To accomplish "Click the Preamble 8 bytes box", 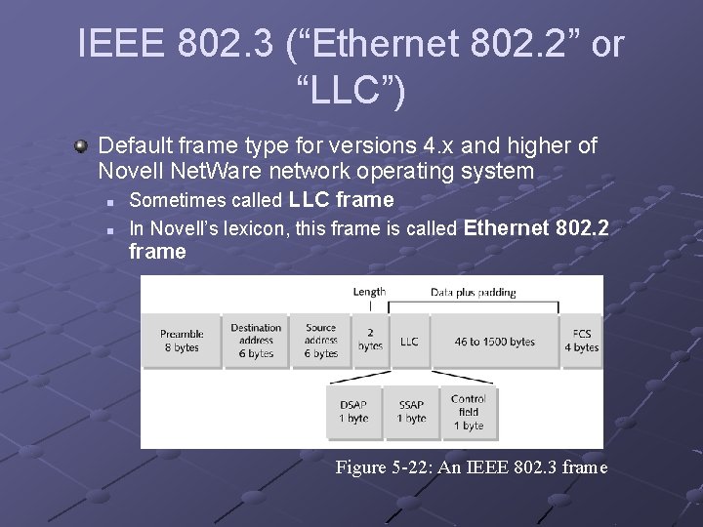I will (x=182, y=341).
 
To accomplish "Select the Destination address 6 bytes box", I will (x=256, y=341).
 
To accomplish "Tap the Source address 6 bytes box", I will (x=320, y=341).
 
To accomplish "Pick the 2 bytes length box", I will (x=370, y=341).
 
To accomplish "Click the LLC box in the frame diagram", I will (x=409, y=341).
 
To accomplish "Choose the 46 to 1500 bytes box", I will (x=494, y=341).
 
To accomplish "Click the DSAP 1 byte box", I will (x=353, y=412).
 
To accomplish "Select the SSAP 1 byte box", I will (x=411, y=412).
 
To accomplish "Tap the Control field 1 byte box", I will (x=468, y=412).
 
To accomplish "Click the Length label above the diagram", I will (x=369, y=291).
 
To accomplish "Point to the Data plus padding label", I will (x=474, y=291).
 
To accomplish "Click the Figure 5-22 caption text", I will (x=471, y=467).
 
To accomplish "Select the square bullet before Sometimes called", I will (x=111, y=202).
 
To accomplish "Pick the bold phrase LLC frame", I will (x=341, y=200).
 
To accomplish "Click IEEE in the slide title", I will (x=109, y=45).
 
